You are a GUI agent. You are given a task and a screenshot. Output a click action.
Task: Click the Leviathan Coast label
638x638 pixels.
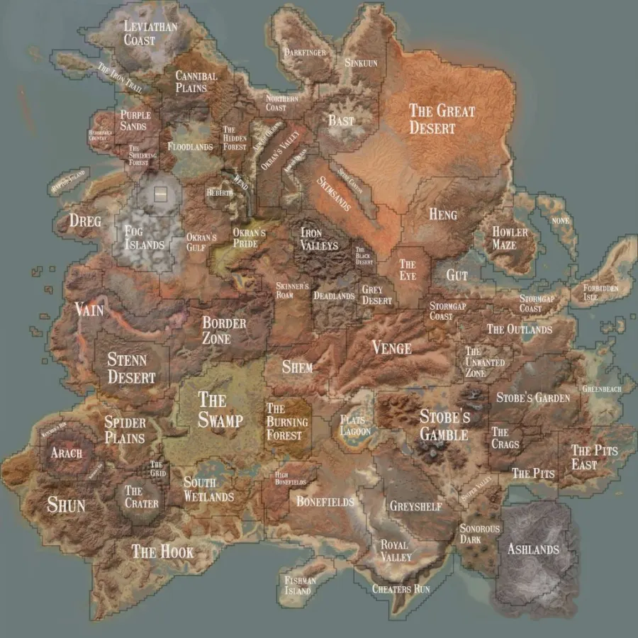tap(150, 33)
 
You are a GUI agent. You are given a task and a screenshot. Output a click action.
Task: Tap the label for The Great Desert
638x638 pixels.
tap(442, 119)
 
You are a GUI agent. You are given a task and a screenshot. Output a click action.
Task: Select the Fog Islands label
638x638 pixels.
tap(144, 237)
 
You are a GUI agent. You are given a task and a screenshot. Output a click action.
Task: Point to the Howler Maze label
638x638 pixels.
tap(510, 238)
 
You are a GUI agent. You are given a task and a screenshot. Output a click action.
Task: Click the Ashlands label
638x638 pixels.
tap(533, 549)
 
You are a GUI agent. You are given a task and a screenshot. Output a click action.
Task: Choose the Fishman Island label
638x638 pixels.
tap(298, 585)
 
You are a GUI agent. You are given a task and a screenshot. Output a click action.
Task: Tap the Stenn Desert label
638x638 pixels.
tap(131, 368)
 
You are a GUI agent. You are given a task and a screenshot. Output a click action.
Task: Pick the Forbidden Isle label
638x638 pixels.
tap(600, 293)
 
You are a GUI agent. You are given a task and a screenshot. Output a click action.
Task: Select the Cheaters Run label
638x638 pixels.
tap(401, 588)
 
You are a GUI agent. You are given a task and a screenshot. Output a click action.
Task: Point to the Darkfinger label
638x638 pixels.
tap(306, 52)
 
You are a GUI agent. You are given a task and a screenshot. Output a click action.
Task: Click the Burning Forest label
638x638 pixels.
tap(287, 422)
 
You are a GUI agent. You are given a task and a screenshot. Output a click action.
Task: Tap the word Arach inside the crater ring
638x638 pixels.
tap(67, 452)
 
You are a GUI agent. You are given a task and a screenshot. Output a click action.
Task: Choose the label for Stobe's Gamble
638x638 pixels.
tap(444, 425)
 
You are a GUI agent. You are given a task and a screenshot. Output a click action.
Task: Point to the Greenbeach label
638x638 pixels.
tap(601, 389)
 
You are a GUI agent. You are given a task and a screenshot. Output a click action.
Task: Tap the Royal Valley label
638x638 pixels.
tap(396, 551)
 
